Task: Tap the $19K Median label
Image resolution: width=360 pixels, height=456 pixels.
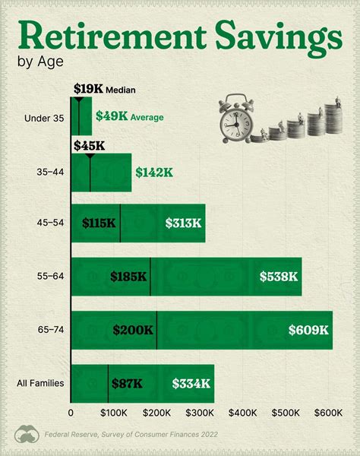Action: coord(104,90)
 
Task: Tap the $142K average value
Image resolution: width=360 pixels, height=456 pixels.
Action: coord(154,173)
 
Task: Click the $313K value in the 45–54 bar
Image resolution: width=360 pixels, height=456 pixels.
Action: coord(183,223)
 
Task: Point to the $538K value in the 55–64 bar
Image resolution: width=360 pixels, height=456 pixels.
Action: coord(278,277)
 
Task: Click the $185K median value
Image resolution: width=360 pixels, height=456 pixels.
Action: coord(128,277)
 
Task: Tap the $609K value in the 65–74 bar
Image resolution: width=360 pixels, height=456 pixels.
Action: coord(308,330)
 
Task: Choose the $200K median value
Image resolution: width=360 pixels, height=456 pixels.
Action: coord(133,330)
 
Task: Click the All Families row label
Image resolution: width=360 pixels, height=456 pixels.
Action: coord(41,384)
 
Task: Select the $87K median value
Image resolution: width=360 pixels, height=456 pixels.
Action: coord(126,384)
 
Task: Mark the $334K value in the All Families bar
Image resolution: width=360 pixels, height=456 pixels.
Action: coord(191,384)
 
